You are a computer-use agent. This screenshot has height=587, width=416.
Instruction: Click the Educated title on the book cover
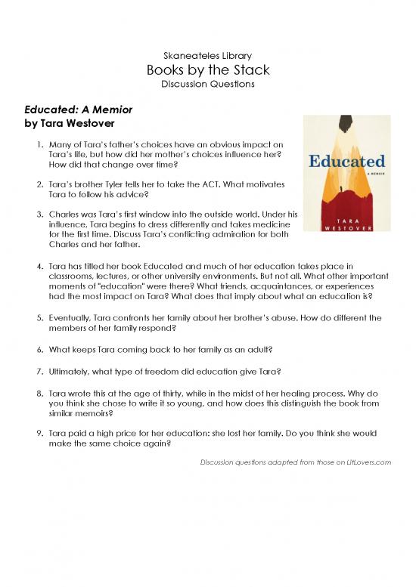tap(347, 161)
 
